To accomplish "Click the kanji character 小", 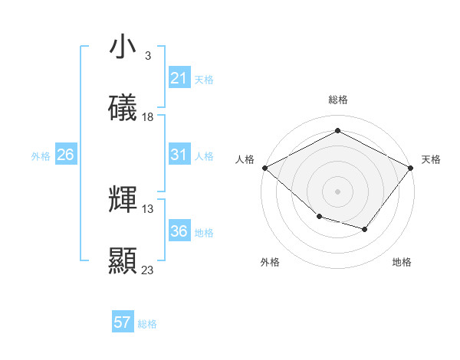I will click(x=123, y=47).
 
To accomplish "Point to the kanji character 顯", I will click(x=123, y=261).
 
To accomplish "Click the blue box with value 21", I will click(x=179, y=78).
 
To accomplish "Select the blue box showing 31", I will click(x=179, y=155).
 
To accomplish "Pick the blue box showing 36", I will click(x=179, y=231).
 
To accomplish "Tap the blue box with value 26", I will click(x=65, y=155).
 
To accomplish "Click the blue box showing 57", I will click(x=123, y=322).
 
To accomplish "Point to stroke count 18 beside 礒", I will click(x=148, y=117).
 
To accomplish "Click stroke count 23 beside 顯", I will click(x=148, y=270).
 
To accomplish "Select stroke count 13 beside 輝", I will click(x=148, y=208).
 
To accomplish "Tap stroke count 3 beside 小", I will click(x=147, y=56).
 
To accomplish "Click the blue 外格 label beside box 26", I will click(x=41, y=155).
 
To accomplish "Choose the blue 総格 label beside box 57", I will click(x=147, y=324).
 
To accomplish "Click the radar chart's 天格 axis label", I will click(x=432, y=159).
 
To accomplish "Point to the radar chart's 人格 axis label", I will click(x=245, y=159).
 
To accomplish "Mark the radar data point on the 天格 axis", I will click(x=411, y=168).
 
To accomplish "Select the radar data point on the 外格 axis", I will click(x=319, y=217).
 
